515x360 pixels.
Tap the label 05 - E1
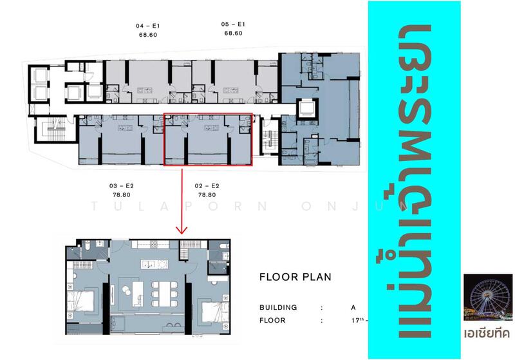233,24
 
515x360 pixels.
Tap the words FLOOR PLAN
295,278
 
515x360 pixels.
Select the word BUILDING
278,307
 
